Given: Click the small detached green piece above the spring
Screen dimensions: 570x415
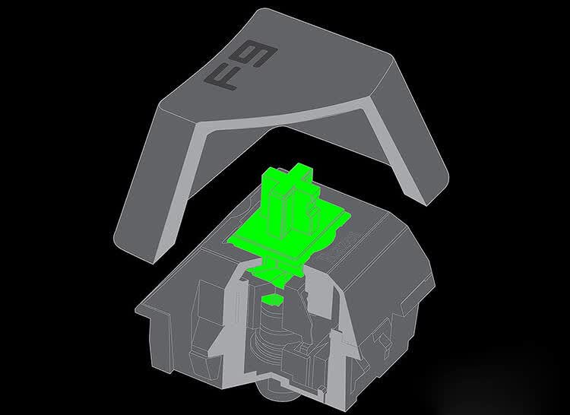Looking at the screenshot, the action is (272, 299).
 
